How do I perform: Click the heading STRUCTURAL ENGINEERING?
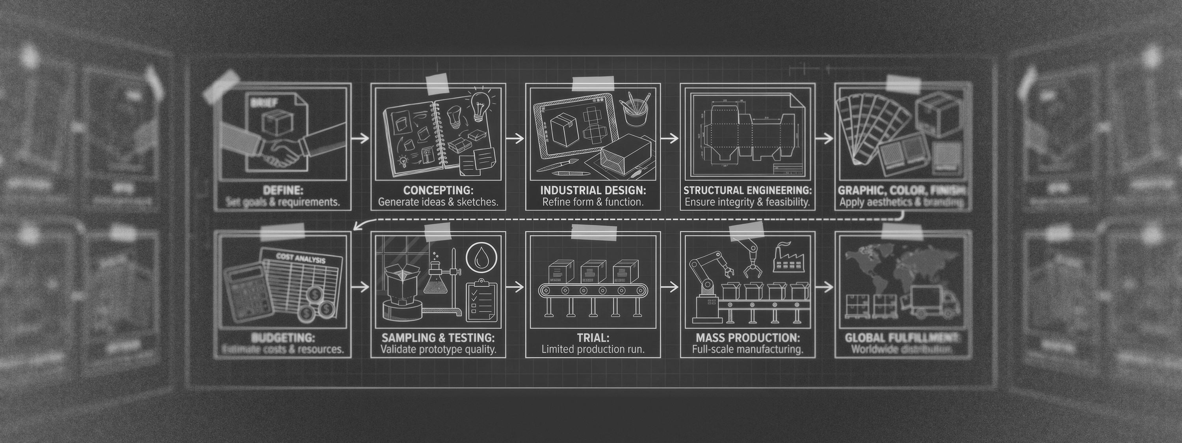747,190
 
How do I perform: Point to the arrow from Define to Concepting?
360,138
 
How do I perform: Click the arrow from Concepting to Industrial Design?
515,138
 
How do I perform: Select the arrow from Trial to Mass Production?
670,287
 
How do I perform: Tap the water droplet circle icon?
480,258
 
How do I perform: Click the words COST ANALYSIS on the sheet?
301,258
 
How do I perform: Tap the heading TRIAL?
593,338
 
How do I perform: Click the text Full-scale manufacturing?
747,349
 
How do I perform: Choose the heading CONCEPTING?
438,190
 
